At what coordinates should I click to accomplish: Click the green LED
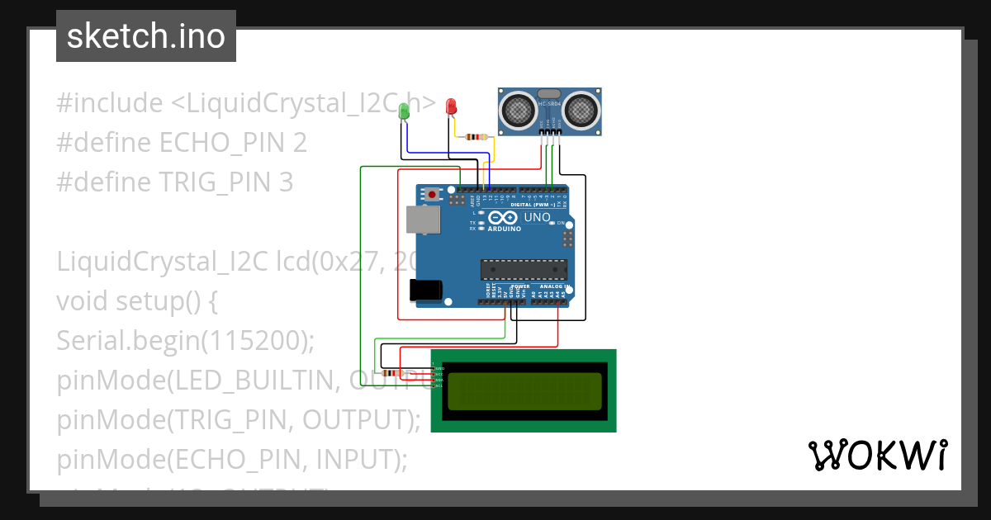[x=404, y=111]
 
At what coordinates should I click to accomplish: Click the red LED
[x=451, y=107]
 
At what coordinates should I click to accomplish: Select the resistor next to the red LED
[x=476, y=137]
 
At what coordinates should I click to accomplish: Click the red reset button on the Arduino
[x=432, y=195]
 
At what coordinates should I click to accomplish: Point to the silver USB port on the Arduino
[x=423, y=219]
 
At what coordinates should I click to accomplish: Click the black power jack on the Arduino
[x=425, y=290]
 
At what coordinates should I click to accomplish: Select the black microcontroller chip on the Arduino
[x=524, y=269]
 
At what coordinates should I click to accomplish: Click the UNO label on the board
[x=538, y=218]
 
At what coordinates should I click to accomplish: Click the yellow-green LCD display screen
[x=524, y=391]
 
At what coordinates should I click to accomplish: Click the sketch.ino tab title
[x=145, y=36]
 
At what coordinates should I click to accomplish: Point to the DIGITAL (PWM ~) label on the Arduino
[x=533, y=205]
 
